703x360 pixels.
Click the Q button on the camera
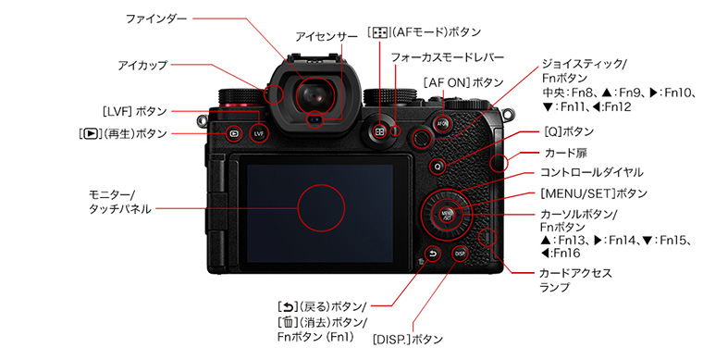pos(438,167)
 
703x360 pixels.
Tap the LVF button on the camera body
pos(259,133)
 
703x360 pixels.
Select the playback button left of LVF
pos(234,133)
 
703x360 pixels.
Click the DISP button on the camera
pos(460,254)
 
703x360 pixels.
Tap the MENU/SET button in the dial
pos(447,214)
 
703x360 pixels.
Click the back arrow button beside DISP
pos(433,254)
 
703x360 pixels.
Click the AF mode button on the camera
pos(380,131)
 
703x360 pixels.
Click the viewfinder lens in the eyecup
pos(314,94)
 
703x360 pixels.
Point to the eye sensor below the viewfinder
pos(316,119)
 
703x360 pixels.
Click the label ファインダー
pos(156,19)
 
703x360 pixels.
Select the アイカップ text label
pos(142,66)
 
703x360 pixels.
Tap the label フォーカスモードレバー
pos(448,57)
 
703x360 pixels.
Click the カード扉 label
pos(566,154)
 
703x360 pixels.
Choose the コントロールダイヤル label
pos(591,173)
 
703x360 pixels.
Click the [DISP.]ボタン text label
pos(408,340)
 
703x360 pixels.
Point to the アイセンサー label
pos(327,37)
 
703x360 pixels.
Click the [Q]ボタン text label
pos(569,131)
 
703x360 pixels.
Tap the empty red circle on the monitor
pos(321,208)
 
